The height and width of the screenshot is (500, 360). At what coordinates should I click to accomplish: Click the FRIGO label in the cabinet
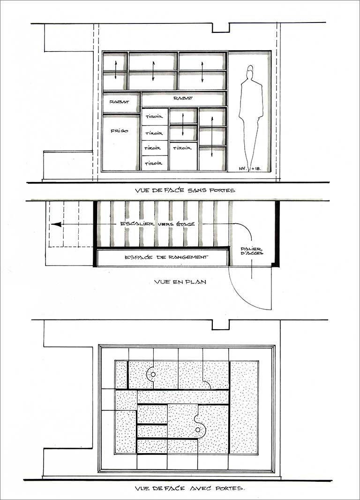120,131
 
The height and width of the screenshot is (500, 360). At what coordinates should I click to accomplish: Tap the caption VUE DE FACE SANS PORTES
185,190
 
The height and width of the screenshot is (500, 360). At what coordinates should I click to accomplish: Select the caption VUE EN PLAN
180,282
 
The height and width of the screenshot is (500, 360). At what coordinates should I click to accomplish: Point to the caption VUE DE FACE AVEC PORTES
190,488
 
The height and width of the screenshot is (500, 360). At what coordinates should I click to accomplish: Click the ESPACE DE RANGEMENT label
166,257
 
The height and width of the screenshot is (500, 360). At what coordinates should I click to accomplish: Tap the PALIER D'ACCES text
252,251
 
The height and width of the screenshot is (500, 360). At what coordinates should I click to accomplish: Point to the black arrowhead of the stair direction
56,224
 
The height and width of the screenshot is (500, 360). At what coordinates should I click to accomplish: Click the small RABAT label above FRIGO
120,102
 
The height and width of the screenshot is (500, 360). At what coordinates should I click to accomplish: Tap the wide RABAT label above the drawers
183,98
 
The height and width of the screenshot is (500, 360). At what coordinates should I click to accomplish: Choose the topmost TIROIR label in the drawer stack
154,117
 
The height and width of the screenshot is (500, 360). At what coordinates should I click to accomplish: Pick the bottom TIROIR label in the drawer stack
154,163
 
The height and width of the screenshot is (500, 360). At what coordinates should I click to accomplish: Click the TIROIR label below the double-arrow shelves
182,148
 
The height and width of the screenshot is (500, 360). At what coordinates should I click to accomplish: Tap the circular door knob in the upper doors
153,374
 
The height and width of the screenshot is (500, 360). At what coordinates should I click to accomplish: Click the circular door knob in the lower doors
198,430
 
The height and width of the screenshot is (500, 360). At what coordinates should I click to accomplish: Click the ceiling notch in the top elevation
221,28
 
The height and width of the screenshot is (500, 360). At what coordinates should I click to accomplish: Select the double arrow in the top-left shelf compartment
116,70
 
